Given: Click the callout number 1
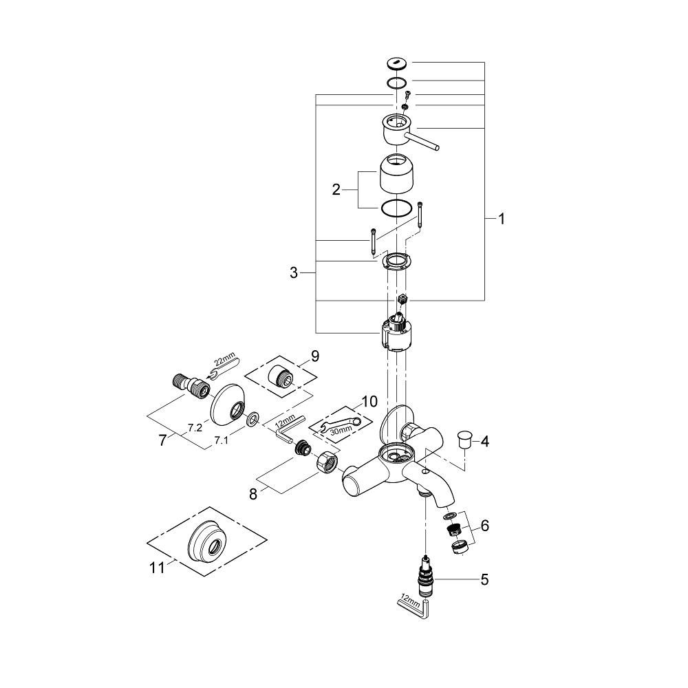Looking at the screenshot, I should (x=502, y=219).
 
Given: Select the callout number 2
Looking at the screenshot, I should (x=336, y=190).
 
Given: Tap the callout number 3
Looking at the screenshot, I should (x=294, y=273).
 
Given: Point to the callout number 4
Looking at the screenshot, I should (x=484, y=441).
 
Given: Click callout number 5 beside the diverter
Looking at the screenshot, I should (x=484, y=580).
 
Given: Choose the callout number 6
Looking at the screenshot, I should (x=485, y=526).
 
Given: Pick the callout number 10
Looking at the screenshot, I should (x=369, y=400).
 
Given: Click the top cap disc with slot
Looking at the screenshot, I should (x=398, y=64).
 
